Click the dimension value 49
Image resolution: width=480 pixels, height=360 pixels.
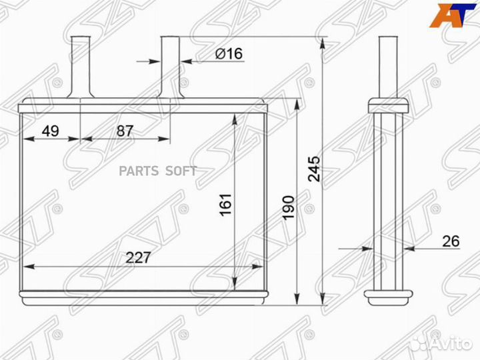(x=50, y=131)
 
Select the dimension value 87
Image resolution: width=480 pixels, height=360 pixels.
(x=125, y=131)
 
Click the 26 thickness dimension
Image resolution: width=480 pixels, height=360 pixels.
(x=451, y=241)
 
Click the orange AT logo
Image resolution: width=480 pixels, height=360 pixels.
(x=447, y=15)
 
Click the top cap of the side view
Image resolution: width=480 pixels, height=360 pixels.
(x=387, y=105)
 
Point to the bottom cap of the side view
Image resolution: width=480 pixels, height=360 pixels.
(x=387, y=294)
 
